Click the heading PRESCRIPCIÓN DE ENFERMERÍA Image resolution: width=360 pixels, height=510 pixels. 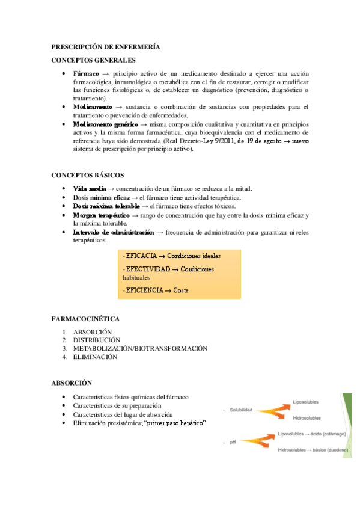pyautogui.click(x=105, y=46)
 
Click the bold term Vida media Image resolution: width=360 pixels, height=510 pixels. pyautogui.click(x=90, y=189)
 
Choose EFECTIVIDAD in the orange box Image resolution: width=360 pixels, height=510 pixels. pyautogui.click(x=148, y=269)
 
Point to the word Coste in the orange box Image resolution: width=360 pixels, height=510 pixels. pyautogui.click(x=181, y=290)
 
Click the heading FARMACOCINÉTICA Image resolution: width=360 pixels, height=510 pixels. pyautogui.click(x=86, y=318)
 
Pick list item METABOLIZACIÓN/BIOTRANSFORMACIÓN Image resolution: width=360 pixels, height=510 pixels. pyautogui.click(x=140, y=348)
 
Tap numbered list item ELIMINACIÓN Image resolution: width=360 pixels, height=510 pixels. pyautogui.click(x=95, y=357)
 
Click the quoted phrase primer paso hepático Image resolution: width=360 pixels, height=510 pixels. pyautogui.click(x=175, y=423)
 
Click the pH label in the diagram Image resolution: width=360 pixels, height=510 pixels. pyautogui.click(x=232, y=443)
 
